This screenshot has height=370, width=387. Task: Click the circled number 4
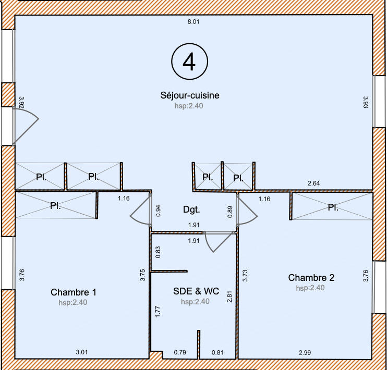tap(189, 62)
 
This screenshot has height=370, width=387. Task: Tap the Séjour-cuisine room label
tap(189, 95)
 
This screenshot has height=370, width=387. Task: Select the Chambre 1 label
tap(74, 292)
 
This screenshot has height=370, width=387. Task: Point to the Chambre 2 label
tap(311, 277)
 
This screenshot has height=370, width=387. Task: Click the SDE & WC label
tap(195, 291)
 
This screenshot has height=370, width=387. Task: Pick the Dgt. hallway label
tap(192, 209)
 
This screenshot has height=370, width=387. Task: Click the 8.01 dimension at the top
tap(194, 22)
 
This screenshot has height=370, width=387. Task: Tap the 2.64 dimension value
tap(313, 183)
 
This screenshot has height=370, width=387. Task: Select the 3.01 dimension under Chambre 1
tap(82, 353)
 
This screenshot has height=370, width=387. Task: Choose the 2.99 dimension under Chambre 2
tap(306, 353)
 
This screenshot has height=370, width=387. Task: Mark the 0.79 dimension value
tap(180, 353)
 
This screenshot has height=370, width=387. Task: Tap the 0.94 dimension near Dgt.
tap(158, 211)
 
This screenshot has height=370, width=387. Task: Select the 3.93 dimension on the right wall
tap(366, 102)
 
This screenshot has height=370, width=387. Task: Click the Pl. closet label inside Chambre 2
tap(333, 207)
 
